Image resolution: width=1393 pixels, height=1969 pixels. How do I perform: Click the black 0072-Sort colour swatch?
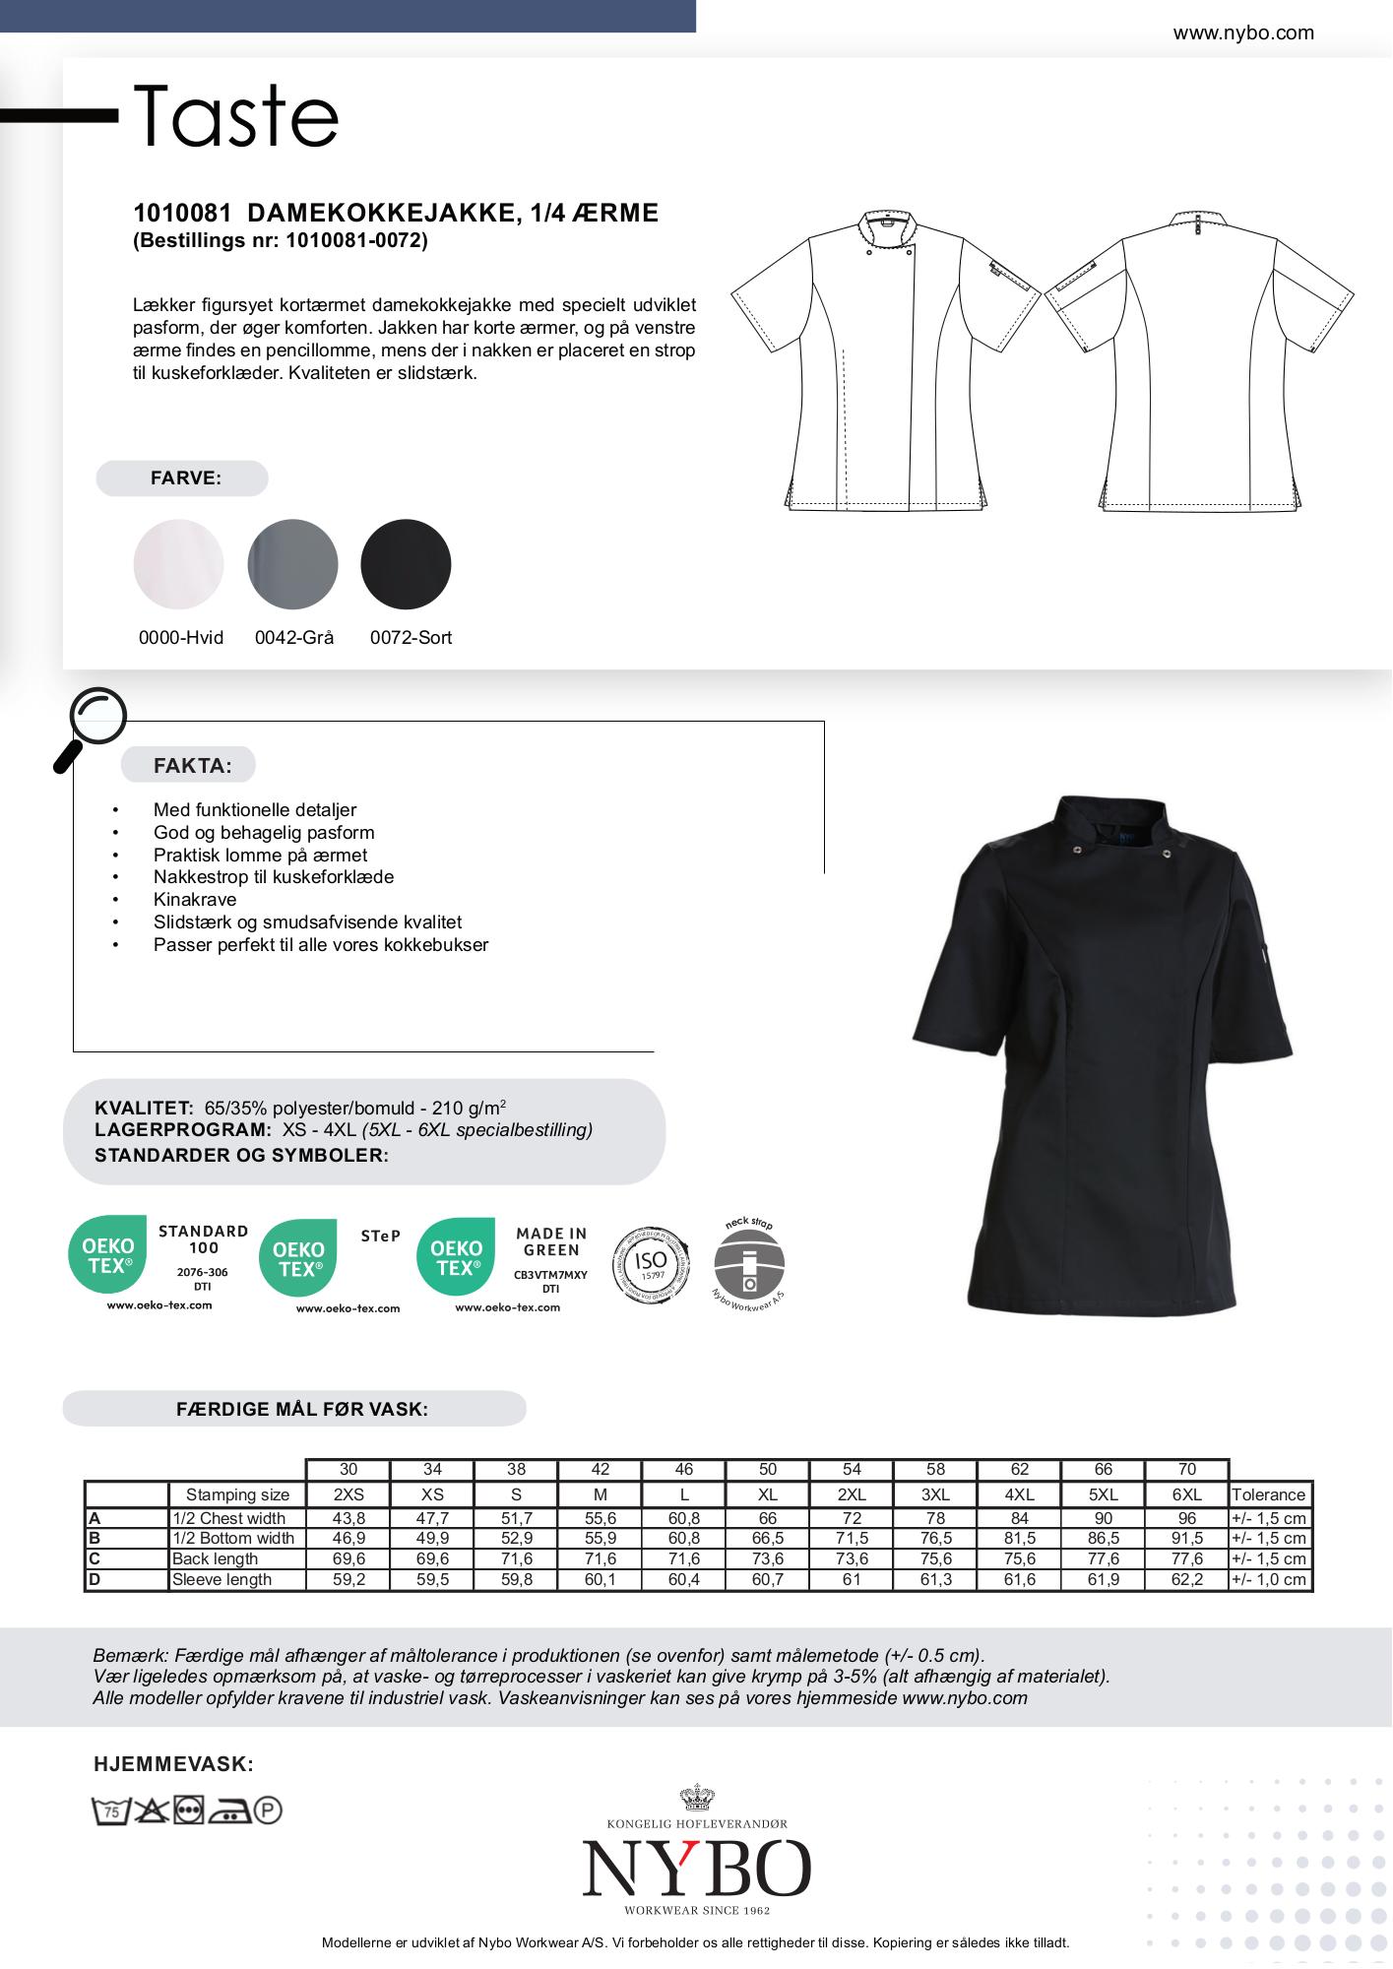click(x=406, y=564)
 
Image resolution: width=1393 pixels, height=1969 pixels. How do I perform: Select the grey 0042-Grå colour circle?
click(x=292, y=564)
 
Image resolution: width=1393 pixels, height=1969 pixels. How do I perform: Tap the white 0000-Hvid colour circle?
click(x=178, y=564)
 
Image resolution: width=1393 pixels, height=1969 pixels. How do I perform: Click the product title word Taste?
click(x=236, y=116)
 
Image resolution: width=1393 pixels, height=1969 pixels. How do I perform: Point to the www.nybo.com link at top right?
click(x=1242, y=33)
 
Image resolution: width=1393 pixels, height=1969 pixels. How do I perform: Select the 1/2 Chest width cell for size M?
click(x=600, y=1518)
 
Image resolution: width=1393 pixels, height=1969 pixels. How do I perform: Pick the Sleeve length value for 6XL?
click(x=1186, y=1579)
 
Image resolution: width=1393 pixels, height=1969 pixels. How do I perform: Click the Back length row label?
click(x=215, y=1558)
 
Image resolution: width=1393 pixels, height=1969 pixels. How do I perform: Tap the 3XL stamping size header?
click(x=935, y=1494)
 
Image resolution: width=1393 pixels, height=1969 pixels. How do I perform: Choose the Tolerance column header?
click(x=1268, y=1494)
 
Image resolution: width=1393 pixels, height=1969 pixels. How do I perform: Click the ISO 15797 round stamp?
click(x=650, y=1265)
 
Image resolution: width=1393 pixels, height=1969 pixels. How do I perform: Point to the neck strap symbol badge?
click(x=749, y=1265)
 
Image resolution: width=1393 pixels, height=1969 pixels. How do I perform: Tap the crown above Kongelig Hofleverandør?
click(x=696, y=1797)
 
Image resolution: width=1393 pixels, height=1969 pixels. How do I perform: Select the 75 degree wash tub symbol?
click(x=111, y=1810)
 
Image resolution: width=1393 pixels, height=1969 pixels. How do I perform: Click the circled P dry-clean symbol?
click(x=268, y=1810)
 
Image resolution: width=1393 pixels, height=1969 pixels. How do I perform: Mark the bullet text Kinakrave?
click(x=195, y=899)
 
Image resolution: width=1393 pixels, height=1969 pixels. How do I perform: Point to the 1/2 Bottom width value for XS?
click(x=432, y=1538)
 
